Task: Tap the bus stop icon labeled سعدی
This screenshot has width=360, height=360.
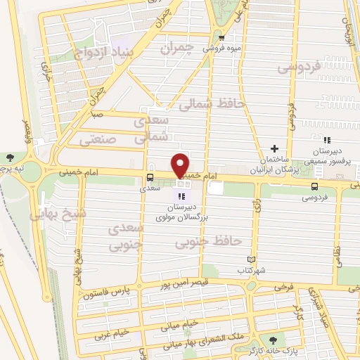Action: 150,178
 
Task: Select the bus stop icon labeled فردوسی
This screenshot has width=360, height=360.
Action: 314,186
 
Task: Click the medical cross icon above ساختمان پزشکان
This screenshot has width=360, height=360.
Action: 274,148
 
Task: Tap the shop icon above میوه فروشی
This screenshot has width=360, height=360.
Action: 221,39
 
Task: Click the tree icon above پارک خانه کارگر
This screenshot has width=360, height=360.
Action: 264,339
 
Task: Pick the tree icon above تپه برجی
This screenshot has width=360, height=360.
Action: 9,157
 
